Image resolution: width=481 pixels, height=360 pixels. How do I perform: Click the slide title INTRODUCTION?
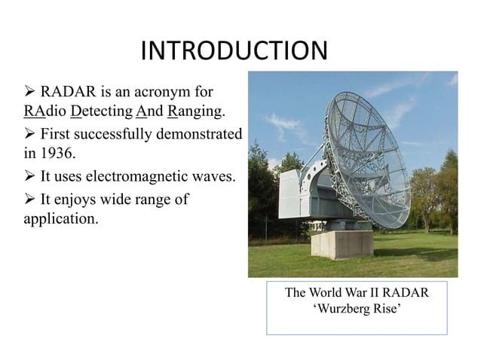pyautogui.click(x=234, y=51)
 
